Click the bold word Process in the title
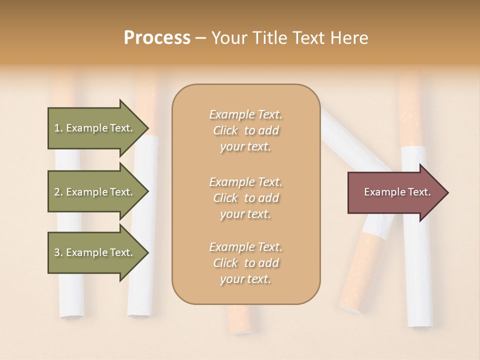157,38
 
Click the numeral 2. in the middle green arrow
58,192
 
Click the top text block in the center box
245,130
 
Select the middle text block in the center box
245,198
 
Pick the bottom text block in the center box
245,263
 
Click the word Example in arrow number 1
86,128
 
